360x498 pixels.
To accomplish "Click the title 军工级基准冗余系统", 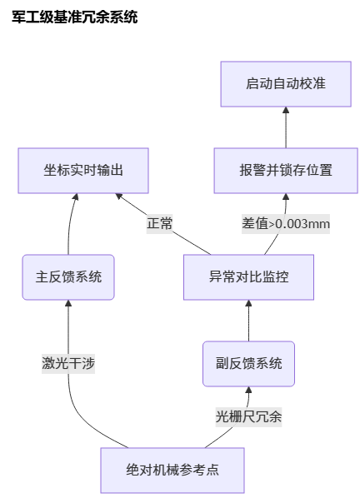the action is [75, 17].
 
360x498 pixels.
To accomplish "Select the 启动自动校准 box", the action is [286, 84].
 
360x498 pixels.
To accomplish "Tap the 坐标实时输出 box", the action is [83, 171].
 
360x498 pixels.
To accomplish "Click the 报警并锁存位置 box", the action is [286, 171].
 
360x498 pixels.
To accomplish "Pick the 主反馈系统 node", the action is [68, 277].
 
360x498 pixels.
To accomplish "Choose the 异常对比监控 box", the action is [249, 277].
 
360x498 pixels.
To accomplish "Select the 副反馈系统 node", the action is [249, 364].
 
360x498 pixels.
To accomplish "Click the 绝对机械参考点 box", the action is [172, 471].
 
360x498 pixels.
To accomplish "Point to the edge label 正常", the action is [159, 223].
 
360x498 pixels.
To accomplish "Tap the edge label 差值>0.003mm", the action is [286, 223].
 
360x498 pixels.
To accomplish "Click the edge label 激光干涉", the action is [68, 364].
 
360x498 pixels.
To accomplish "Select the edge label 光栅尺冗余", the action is [249, 417].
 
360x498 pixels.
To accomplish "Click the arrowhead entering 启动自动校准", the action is [286, 110].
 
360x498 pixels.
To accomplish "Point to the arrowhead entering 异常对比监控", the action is [249, 303].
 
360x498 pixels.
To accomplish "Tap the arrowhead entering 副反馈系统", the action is [249, 390].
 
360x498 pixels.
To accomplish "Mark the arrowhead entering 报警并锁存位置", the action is [286, 197].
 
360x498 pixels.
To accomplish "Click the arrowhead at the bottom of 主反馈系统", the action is [68, 303].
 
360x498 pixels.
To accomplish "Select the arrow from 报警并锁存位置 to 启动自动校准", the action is [286, 127].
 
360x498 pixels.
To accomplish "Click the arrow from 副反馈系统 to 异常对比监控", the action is [249, 321].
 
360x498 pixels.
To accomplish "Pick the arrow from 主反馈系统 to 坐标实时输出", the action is [70, 223].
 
